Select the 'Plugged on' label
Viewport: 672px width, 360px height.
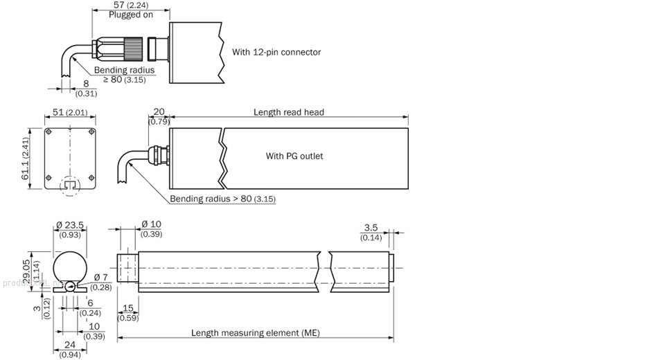(130, 15)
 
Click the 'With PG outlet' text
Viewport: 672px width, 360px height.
(294, 156)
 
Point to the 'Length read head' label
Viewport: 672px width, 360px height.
(288, 112)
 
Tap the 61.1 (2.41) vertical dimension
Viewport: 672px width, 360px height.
(25, 159)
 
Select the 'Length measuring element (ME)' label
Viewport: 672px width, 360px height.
(256, 333)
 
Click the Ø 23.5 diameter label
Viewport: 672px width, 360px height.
(69, 224)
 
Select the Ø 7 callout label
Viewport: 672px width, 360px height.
(100, 278)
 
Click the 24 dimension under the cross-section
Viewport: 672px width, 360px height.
(71, 344)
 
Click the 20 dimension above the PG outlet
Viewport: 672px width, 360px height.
(159, 112)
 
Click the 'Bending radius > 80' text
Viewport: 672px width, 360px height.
(212, 199)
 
